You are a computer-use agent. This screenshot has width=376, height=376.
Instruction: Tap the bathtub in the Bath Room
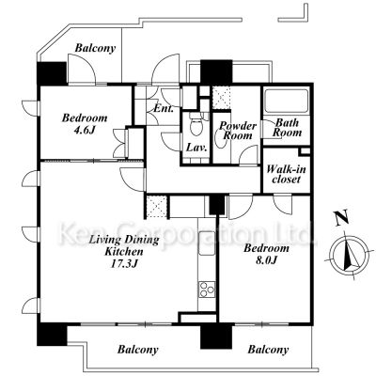click(x=287, y=102)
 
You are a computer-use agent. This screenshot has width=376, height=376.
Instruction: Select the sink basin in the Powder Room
click(x=222, y=140)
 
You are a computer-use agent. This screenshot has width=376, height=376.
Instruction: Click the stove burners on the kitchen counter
click(x=207, y=290)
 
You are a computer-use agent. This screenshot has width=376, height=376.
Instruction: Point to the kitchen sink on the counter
click(x=207, y=243)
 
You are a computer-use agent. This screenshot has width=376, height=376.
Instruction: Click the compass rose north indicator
click(x=350, y=255)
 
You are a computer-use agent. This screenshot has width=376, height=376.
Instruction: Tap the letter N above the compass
click(x=342, y=218)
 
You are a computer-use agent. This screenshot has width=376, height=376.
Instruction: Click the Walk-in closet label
click(x=286, y=174)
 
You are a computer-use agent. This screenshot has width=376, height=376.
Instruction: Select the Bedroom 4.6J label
click(x=85, y=123)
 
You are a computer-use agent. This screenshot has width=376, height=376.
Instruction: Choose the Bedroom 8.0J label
click(x=267, y=254)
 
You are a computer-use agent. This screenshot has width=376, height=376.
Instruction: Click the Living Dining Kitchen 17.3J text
click(x=124, y=252)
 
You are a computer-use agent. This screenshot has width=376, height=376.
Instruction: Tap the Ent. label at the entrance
click(x=164, y=109)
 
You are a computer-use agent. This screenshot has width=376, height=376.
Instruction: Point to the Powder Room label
click(x=237, y=131)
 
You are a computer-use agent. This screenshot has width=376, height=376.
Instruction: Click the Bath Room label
click(x=287, y=127)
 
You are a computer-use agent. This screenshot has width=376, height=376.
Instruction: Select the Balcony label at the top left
click(x=95, y=48)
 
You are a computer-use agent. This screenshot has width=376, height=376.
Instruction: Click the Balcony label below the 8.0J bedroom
click(x=268, y=350)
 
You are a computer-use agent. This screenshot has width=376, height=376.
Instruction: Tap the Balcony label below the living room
click(x=138, y=350)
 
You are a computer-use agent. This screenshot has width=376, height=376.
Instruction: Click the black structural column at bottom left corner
click(x=52, y=335)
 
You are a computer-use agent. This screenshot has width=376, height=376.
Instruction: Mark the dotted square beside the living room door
click(x=157, y=207)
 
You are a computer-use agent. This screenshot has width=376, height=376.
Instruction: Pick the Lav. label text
click(x=196, y=148)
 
